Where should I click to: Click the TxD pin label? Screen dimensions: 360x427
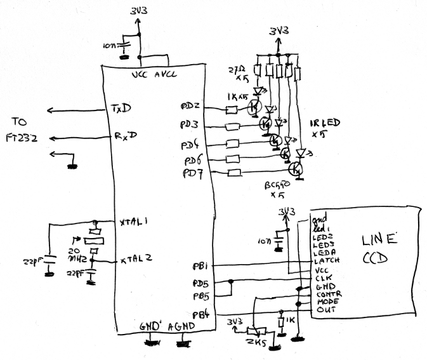coord(120,108)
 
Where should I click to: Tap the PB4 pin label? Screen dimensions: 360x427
coord(201,314)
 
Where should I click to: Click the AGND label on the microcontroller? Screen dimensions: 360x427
coord(181,326)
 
